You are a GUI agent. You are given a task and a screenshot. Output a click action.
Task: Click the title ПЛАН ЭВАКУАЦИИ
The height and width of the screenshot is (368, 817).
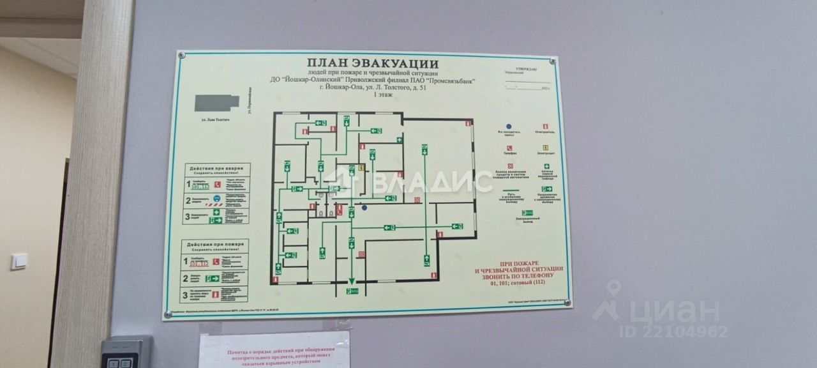coord(372,63)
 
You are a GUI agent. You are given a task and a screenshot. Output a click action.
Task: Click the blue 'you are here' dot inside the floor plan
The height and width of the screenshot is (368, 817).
coord(364,207)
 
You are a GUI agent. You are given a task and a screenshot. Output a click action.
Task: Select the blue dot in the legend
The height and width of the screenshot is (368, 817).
coord(509,126)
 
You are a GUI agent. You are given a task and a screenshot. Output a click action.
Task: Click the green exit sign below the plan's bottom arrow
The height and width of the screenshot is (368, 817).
coord(352,291)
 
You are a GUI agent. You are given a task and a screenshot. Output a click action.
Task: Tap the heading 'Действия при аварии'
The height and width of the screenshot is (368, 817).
coord(217,169)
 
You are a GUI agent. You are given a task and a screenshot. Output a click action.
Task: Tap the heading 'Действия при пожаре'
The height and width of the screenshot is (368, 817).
coord(215,246)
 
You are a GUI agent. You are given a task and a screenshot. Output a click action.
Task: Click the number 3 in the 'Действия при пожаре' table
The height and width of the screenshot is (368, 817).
coord(186,295)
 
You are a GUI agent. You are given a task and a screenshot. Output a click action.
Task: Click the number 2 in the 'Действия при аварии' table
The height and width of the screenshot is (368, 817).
coord(188,200)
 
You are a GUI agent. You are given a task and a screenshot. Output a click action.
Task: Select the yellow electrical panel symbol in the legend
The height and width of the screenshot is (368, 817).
coord(546,148)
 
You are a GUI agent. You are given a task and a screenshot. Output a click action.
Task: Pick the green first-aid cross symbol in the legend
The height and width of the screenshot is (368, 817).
coord(546,167)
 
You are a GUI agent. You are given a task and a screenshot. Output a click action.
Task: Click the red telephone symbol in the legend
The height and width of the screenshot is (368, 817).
coord(509,148)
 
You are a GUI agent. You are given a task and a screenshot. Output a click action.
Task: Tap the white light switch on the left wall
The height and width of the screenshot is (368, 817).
coord(19,261)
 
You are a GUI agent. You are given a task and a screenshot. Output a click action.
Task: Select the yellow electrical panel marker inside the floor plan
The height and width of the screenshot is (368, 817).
coord(361,168)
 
